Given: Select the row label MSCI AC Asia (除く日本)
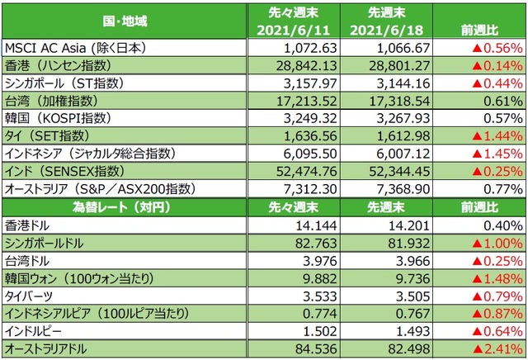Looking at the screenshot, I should (x=87, y=48).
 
